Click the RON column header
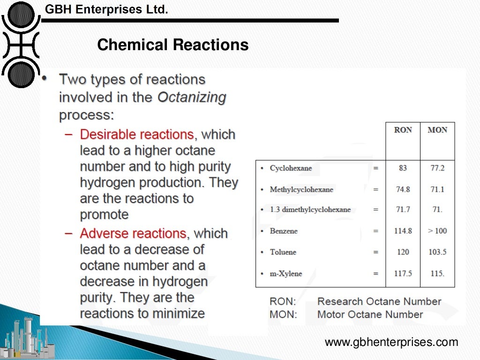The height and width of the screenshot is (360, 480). click(403, 130)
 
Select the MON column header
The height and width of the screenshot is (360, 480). click(437, 130)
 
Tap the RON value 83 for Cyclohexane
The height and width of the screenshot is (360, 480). click(403, 168)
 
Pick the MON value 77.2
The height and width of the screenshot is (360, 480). click(437, 168)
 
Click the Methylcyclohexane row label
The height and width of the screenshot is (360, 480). click(301, 189)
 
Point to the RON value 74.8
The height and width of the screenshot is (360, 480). click(403, 189)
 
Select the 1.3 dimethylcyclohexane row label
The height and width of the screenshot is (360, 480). click(310, 210)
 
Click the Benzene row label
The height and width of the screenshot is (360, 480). click(284, 231)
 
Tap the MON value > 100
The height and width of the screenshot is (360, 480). click(437, 231)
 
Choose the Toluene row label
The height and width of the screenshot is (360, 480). click(283, 252)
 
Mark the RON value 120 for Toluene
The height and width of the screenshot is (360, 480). click(403, 252)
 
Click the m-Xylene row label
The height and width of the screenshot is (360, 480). click(286, 273)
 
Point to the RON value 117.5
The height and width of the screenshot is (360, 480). click(403, 273)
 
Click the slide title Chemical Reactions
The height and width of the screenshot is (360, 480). click(173, 45)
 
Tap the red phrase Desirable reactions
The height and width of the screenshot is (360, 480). click(137, 135)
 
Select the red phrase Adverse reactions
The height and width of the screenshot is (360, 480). click(133, 233)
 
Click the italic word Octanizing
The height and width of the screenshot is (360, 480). click(192, 97)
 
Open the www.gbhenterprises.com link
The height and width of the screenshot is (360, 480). click(391, 343)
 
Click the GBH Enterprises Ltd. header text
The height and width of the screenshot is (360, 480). click(106, 9)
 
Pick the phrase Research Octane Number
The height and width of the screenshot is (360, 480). click(379, 301)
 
